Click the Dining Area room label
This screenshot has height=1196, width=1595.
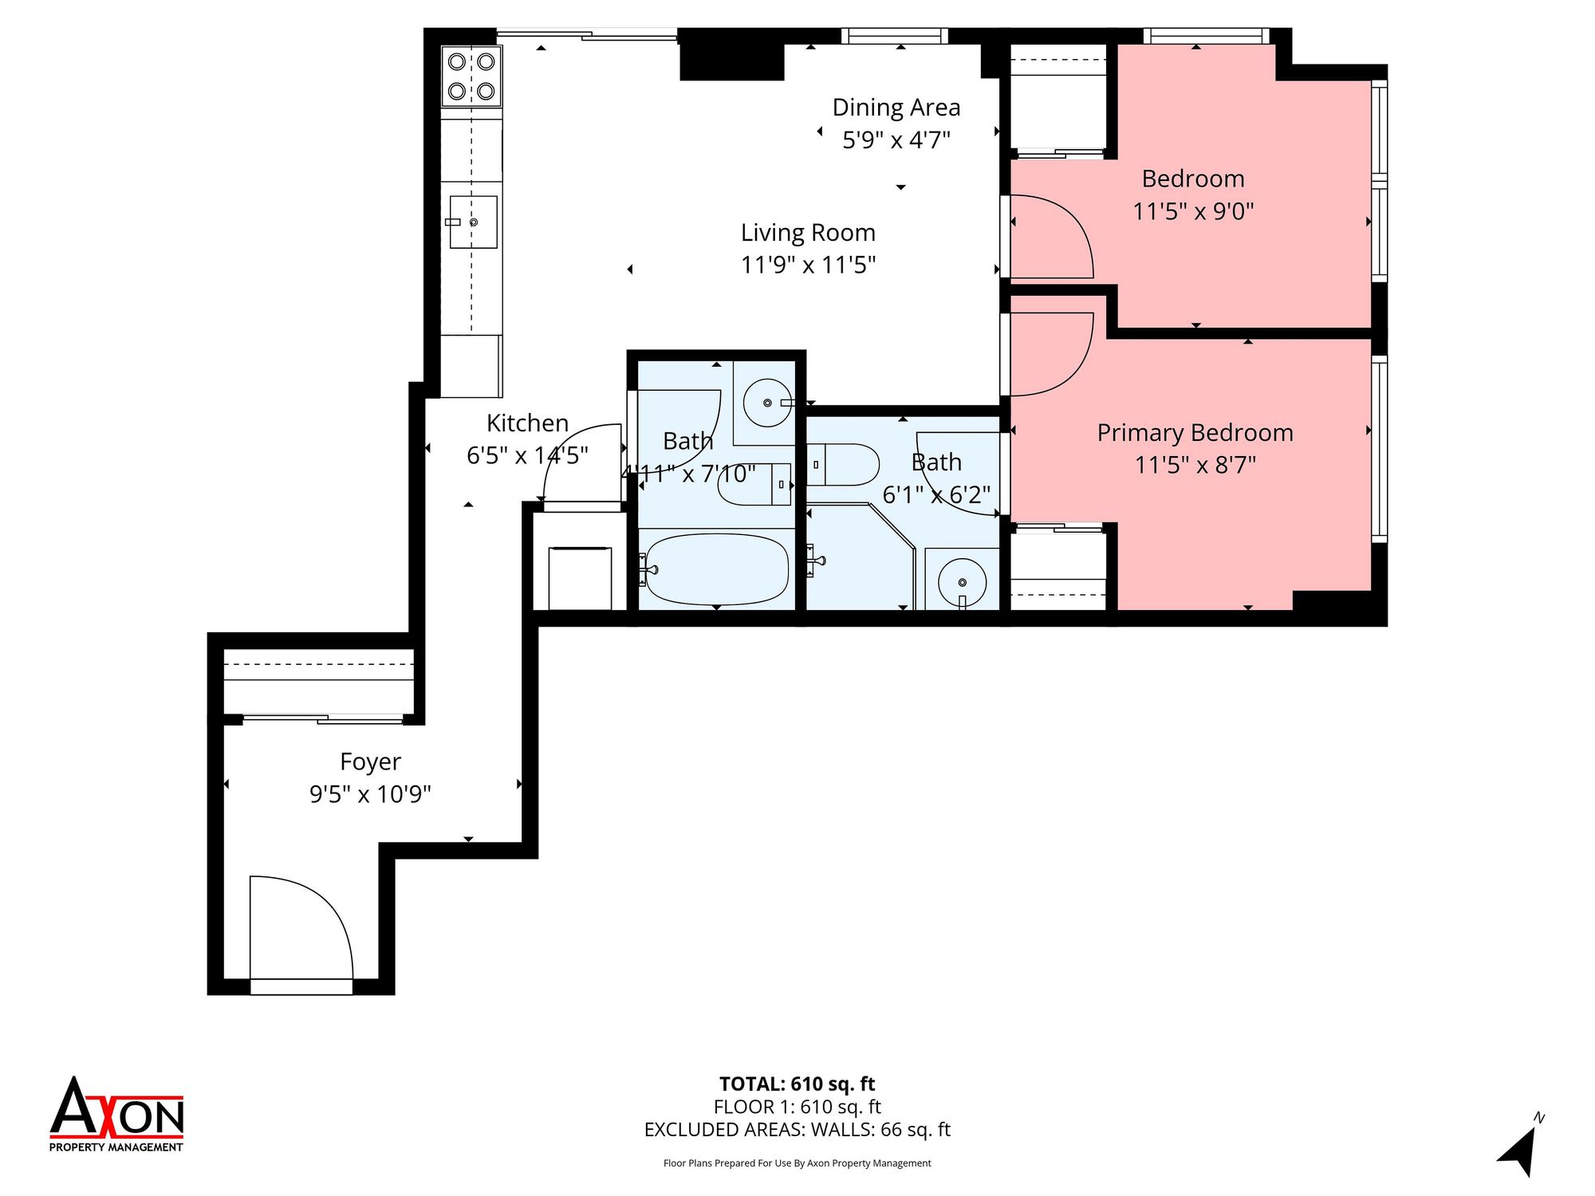pos(896,108)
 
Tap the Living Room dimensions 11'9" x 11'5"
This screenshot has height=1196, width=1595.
pos(809,265)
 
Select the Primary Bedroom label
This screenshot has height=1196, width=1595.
pos(1195,433)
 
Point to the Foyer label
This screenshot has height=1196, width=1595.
pos(370,762)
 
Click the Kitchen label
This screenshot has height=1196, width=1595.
pos(527,423)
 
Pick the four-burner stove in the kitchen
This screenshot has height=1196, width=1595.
pos(471,77)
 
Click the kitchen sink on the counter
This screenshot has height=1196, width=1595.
pos(473,222)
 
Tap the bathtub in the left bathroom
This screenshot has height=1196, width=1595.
pos(716,569)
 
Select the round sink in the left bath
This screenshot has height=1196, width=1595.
pos(767,403)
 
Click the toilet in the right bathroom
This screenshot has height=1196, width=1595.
pos(843,465)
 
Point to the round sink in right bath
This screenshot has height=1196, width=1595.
pos(962,583)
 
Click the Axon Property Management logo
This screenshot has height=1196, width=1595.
pos(116,1114)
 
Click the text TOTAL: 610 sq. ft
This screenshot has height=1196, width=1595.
pos(797,1084)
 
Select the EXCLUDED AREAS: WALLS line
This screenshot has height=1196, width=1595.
pos(797,1130)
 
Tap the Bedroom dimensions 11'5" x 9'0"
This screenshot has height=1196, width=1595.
pos(1194,211)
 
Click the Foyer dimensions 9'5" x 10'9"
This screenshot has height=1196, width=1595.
pos(370,794)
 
